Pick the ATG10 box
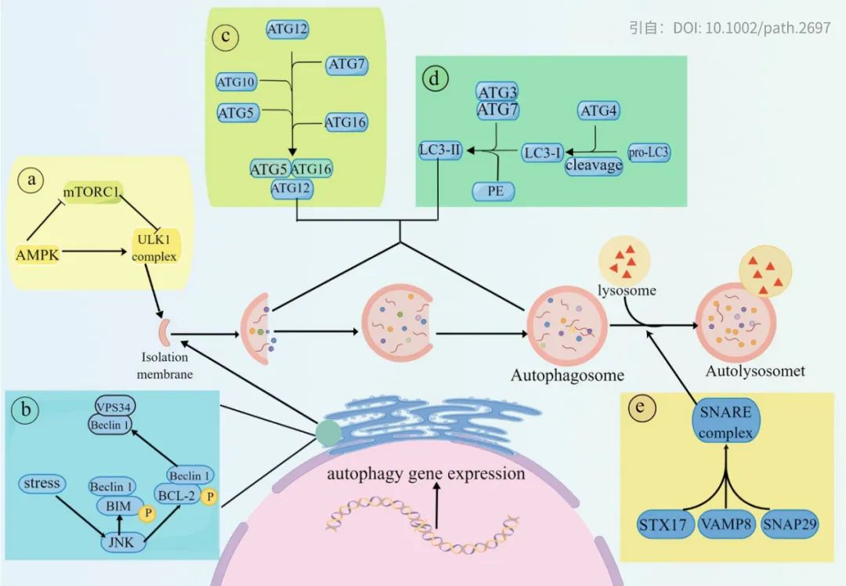point(237,80)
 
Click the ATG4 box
point(598,111)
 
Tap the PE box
point(496,190)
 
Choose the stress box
point(42,483)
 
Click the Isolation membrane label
point(164,366)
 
